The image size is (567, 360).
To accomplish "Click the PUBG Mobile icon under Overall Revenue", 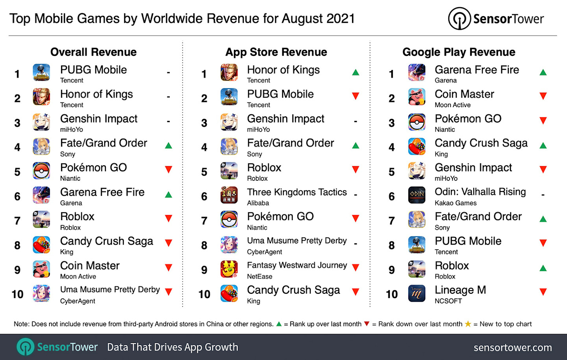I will pos(41,73).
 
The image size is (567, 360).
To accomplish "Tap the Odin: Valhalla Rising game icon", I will pos(417,195).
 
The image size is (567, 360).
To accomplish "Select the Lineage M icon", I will pos(417,293).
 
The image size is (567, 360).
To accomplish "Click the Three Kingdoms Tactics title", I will pos(297,192).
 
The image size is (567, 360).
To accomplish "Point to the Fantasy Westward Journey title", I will pos(297,265).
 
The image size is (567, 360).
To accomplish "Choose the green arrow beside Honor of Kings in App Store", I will pos(356,72).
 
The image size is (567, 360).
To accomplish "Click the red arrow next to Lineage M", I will pos(543,292).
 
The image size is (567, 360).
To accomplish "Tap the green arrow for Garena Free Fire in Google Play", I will pos(543,72).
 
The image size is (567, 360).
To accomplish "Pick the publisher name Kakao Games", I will pos(456,203).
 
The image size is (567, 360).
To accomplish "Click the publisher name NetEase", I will pos(259,276).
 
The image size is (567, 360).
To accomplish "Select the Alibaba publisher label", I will pos(258,203).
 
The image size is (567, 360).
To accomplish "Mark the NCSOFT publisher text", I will pos(448,301).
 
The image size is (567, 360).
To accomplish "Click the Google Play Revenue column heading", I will pos(459,52).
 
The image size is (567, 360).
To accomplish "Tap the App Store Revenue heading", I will pos(276,52).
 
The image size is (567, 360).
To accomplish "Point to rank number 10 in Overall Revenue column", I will pos(17,294).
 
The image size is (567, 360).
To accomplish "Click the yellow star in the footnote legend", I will pos(468,324).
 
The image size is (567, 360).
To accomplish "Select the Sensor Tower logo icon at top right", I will pos(459,19).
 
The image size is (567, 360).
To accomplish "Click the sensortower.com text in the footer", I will pos(512,347).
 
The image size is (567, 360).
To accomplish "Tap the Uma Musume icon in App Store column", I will pos(229,245).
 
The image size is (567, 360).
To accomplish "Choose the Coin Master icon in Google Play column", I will pos(417,97).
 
